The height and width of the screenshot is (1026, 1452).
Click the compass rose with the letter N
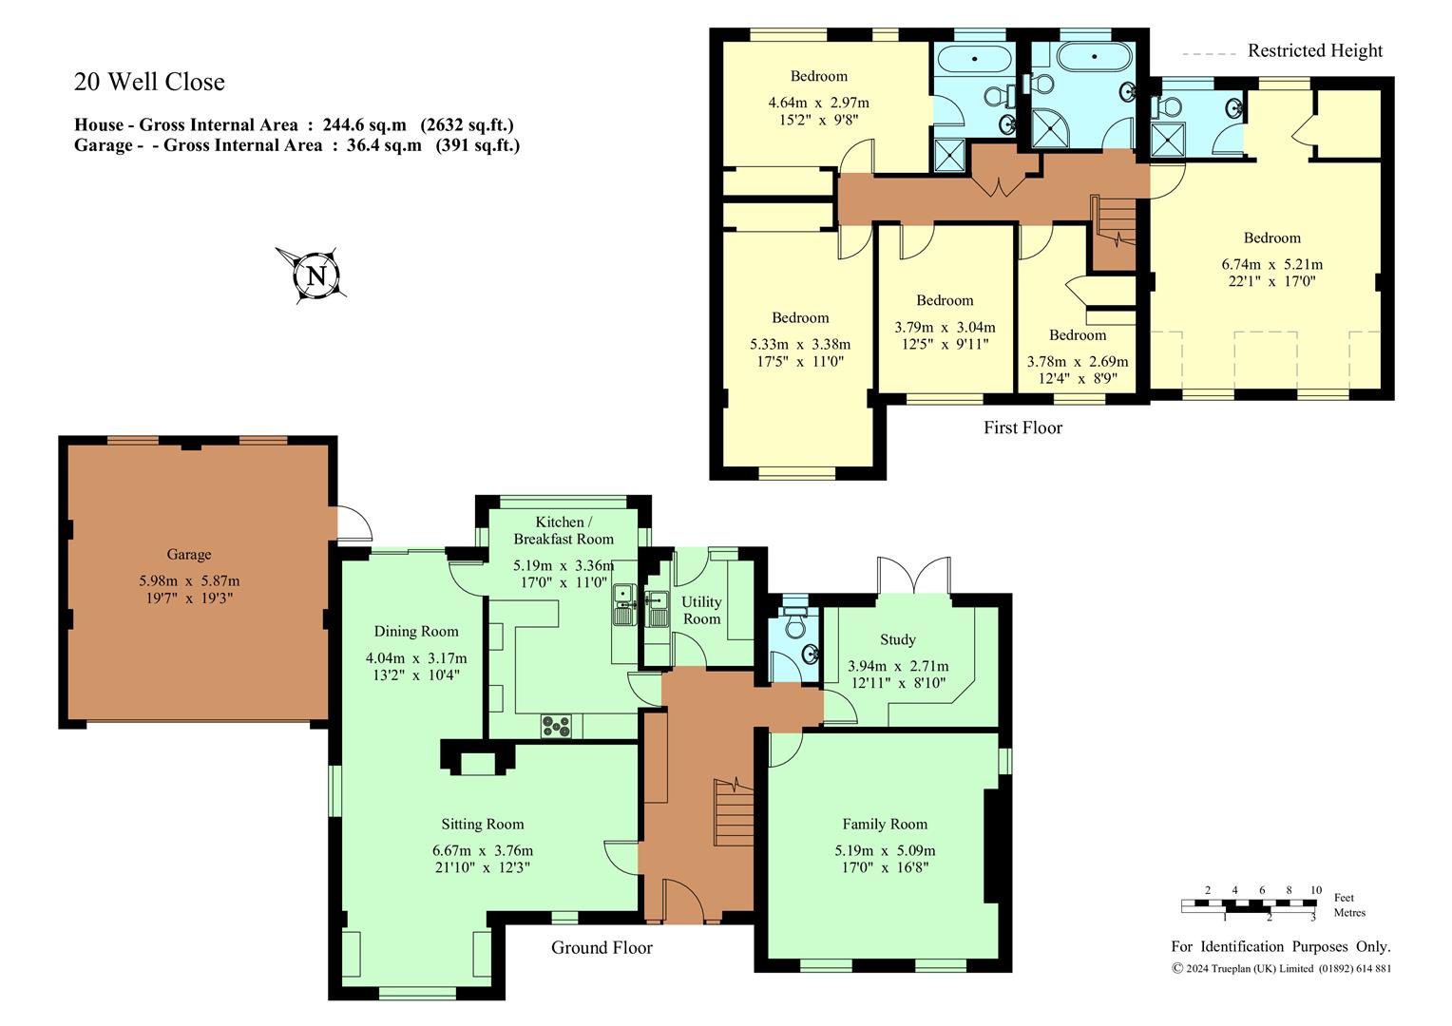pos(316,275)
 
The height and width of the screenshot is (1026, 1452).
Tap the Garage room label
pos(189,554)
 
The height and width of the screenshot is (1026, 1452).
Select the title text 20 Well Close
pos(149,82)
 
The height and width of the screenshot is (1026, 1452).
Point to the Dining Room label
pos(416,632)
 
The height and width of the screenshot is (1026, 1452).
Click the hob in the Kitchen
pos(556,726)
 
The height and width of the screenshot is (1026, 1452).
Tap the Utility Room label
pos(701,610)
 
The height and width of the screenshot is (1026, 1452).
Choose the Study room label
pos(898,639)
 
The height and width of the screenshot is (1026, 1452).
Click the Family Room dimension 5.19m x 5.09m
pos(885,850)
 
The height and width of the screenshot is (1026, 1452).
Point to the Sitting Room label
pos(483,824)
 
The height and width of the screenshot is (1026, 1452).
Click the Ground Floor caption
pos(602,947)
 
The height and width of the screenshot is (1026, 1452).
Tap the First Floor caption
pos(1022,427)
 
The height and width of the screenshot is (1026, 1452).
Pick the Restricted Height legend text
pos(1315,50)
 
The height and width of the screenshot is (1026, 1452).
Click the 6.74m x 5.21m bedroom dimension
pos(1271,264)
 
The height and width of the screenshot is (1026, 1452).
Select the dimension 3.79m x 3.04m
pos(946,328)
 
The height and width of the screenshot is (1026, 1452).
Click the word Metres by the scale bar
pos(1349,913)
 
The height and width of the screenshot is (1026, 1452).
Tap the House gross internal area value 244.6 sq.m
pos(365,124)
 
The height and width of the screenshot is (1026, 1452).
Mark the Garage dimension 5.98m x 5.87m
pos(189,580)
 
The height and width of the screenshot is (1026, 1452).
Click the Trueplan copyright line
pos(1282,968)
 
